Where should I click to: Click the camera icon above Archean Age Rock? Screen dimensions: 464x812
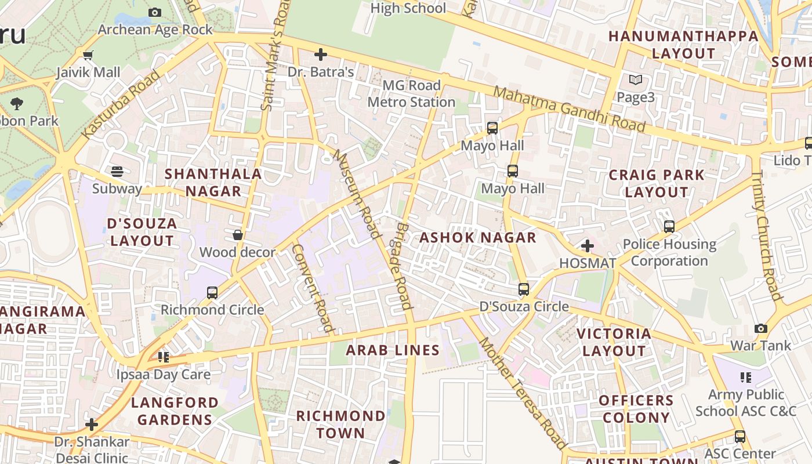155,12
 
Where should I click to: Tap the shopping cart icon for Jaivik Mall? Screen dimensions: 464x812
88,56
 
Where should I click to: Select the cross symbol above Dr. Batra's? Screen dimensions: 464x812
320,55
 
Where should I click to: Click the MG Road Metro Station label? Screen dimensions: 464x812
411,94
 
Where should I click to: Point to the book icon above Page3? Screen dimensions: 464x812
636,80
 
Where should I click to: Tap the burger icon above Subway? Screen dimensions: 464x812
117,172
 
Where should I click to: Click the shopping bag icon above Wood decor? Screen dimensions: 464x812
237,235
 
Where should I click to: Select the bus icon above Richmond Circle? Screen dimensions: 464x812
212,293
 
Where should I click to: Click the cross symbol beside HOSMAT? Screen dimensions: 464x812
588,246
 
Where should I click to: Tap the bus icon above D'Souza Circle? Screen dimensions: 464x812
524,289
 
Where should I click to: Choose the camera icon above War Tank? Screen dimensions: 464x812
760,329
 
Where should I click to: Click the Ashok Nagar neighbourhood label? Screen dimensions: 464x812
478,238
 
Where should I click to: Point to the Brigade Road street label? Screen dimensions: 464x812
404,266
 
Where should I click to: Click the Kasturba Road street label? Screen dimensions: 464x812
121,104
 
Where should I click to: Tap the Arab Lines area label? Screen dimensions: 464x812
393,350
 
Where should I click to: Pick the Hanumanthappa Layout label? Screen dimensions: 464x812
683,45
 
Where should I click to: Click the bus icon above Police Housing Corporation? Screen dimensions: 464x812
669,227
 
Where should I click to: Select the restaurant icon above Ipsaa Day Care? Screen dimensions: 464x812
164,357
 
